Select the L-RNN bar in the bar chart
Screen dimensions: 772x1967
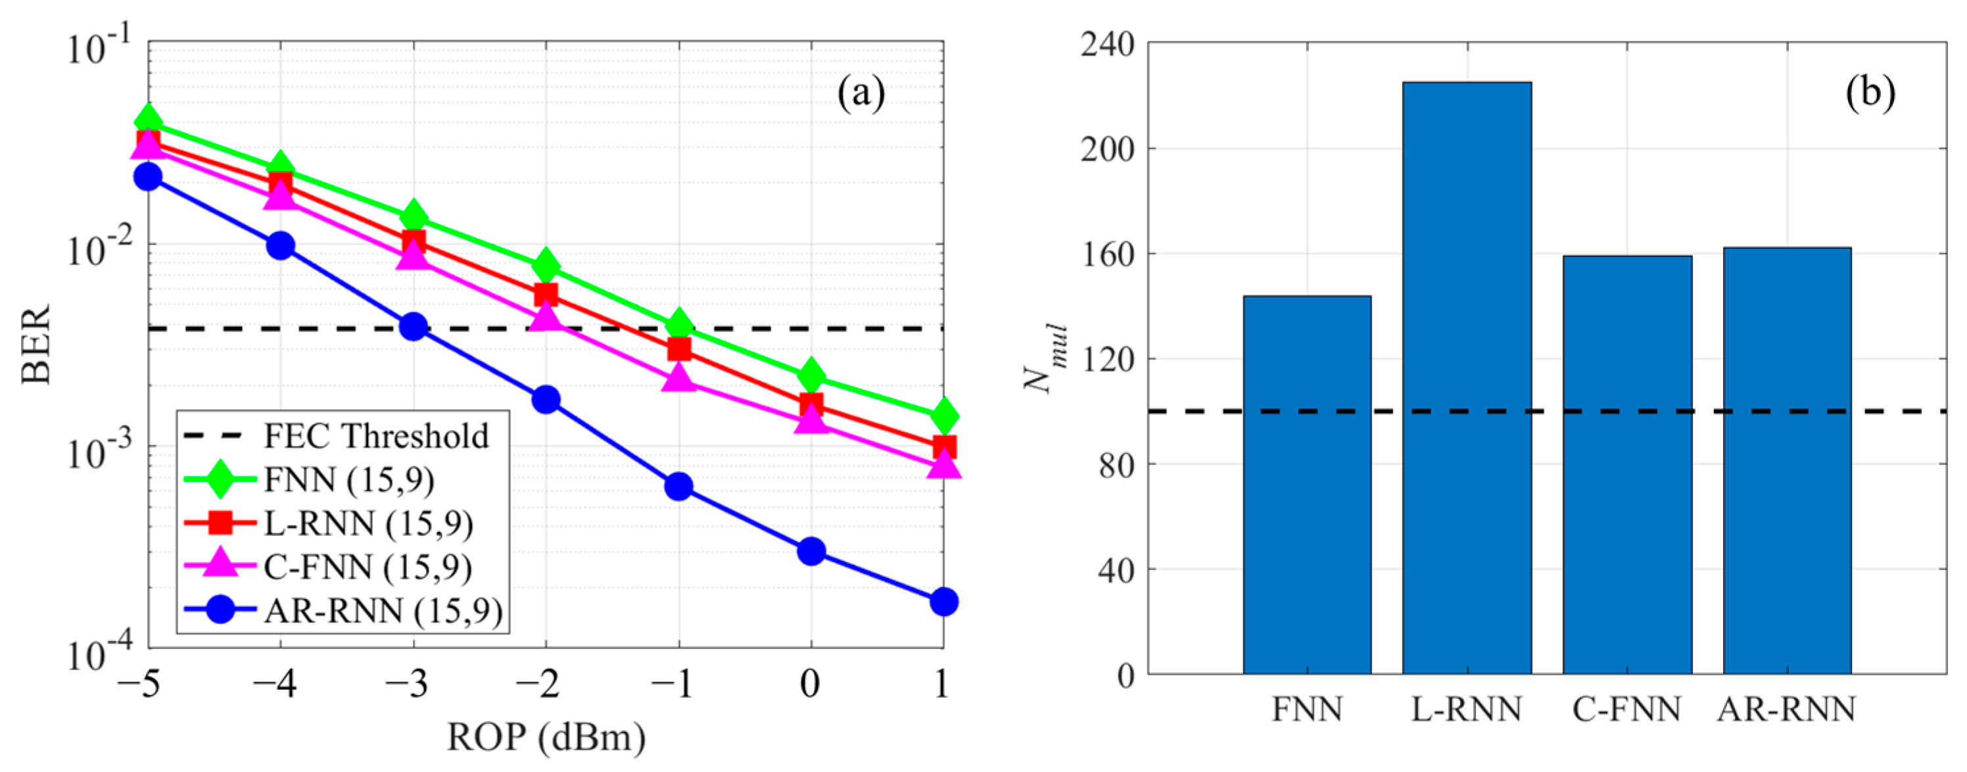click(1466, 378)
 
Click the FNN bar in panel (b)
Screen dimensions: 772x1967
click(1306, 485)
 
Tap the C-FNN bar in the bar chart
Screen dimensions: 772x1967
click(1627, 464)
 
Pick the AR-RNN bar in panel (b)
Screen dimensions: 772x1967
click(1787, 460)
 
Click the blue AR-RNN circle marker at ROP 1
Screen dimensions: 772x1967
click(944, 602)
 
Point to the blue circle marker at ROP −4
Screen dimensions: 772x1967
click(280, 246)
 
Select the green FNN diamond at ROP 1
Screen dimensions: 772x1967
click(944, 416)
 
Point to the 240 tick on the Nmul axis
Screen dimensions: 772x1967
click(1107, 44)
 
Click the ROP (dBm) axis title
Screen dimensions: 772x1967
click(546, 738)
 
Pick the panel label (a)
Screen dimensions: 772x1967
click(861, 93)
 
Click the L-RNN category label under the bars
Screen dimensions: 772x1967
click(1466, 710)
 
